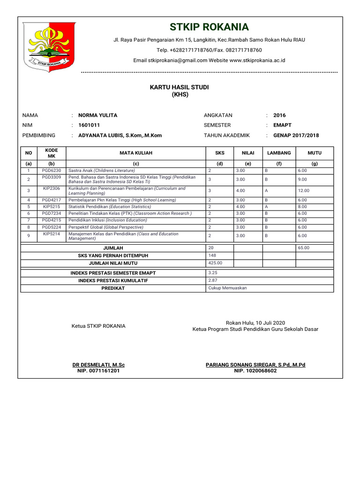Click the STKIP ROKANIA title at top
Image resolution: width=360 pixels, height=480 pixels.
(x=209, y=27)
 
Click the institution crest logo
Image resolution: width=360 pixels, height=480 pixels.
(x=48, y=48)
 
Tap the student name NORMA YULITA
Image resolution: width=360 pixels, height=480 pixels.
(x=98, y=115)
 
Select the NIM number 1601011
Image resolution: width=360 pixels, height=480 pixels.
(x=89, y=125)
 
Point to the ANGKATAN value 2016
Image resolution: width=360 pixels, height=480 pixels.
(x=279, y=115)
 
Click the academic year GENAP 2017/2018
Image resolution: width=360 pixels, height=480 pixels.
(x=296, y=135)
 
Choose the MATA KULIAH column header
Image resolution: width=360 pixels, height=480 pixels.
(x=136, y=153)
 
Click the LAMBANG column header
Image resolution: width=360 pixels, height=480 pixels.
(x=279, y=153)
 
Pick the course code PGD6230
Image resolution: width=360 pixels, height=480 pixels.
(x=52, y=171)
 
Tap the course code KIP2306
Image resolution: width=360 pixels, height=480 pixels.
(x=52, y=188)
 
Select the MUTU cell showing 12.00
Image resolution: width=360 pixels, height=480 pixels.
(x=303, y=191)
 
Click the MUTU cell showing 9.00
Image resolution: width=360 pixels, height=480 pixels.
(x=302, y=180)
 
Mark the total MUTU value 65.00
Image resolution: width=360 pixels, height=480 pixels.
(x=303, y=247)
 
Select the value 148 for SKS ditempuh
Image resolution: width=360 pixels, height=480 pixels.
(x=212, y=255)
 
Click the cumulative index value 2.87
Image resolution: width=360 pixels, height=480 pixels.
(x=213, y=280)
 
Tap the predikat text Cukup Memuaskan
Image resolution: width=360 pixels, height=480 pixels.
(x=227, y=288)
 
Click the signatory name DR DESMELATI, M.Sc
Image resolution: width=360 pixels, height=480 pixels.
(x=98, y=365)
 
